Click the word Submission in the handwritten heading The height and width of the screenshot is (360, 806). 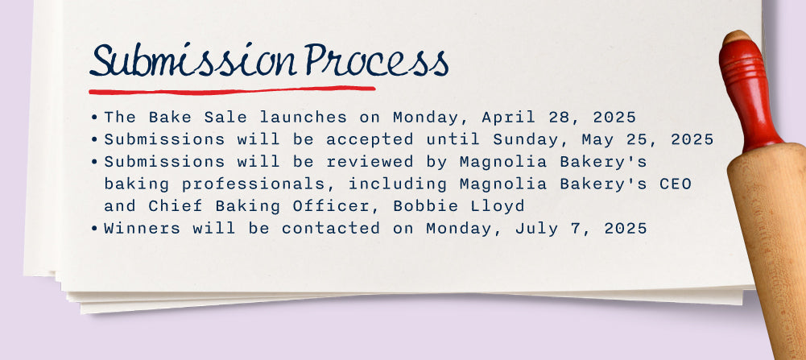coord(193,60)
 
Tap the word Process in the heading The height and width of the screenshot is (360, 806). coord(376,60)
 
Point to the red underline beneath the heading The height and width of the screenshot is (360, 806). coord(232,90)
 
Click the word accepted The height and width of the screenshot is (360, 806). coord(370,140)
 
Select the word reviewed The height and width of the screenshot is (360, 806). coord(370,162)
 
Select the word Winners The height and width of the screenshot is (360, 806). coord(143,229)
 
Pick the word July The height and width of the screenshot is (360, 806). coord(537,229)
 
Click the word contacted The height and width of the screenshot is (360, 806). coord(330,229)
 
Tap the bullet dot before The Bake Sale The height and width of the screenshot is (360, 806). coord(94,118)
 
